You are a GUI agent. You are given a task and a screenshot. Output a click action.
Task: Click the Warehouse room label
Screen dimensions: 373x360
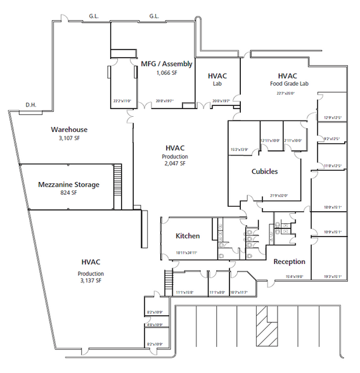point(69,129)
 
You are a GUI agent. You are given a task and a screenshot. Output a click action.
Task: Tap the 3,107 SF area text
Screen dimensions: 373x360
point(69,138)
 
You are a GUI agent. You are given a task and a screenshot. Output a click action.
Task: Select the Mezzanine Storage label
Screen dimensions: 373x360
point(68,185)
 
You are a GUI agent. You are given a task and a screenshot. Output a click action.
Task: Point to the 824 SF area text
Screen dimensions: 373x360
point(68,193)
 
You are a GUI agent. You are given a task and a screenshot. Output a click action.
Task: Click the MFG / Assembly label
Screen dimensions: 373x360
point(165,64)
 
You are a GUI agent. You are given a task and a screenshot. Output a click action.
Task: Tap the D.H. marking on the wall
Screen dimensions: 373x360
point(30,104)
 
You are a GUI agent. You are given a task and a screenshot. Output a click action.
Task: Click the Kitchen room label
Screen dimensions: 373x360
point(188,236)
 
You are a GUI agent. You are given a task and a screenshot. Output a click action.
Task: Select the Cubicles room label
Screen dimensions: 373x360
point(264,171)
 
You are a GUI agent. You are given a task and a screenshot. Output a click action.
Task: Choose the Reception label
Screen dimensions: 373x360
point(289,261)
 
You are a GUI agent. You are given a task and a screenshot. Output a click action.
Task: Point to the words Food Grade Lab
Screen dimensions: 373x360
point(287,83)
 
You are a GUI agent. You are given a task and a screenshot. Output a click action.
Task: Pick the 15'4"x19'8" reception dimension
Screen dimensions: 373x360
point(289,277)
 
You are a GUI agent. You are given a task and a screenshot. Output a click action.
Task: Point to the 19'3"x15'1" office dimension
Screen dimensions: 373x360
point(333,277)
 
